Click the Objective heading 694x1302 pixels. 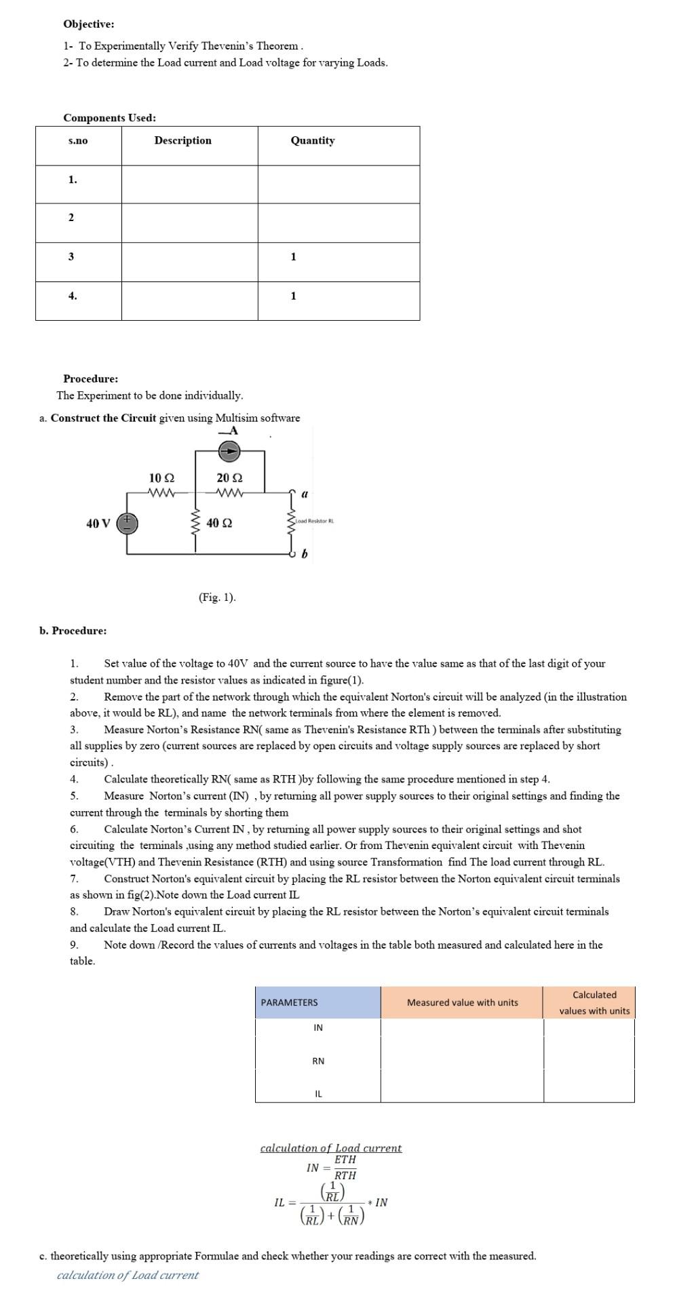(x=89, y=24)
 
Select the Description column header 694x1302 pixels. (x=182, y=140)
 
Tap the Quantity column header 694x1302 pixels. (x=312, y=140)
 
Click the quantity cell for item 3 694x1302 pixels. (x=293, y=257)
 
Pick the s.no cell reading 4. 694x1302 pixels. (x=73, y=296)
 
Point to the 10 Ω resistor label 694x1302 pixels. (x=161, y=478)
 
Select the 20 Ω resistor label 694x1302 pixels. (x=229, y=478)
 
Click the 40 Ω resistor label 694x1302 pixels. (x=219, y=524)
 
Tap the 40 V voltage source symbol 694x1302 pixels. (x=127, y=524)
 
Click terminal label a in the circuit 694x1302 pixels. (x=304, y=495)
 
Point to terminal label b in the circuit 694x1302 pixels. (x=304, y=555)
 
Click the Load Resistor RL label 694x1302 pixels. (x=315, y=521)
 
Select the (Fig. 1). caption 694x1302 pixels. (x=217, y=597)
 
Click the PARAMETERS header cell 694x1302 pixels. (x=290, y=1002)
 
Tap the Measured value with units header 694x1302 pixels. (x=462, y=1002)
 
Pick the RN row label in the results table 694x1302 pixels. (x=318, y=1061)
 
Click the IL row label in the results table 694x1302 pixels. (x=318, y=1094)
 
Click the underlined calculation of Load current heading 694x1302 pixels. (x=331, y=1148)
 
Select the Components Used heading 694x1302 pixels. (x=109, y=118)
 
